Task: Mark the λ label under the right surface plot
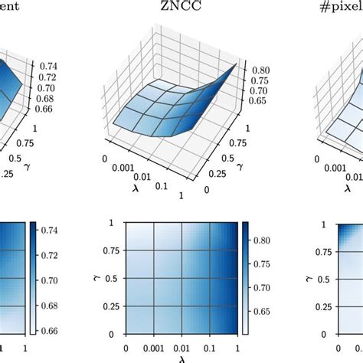coord(346,186)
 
